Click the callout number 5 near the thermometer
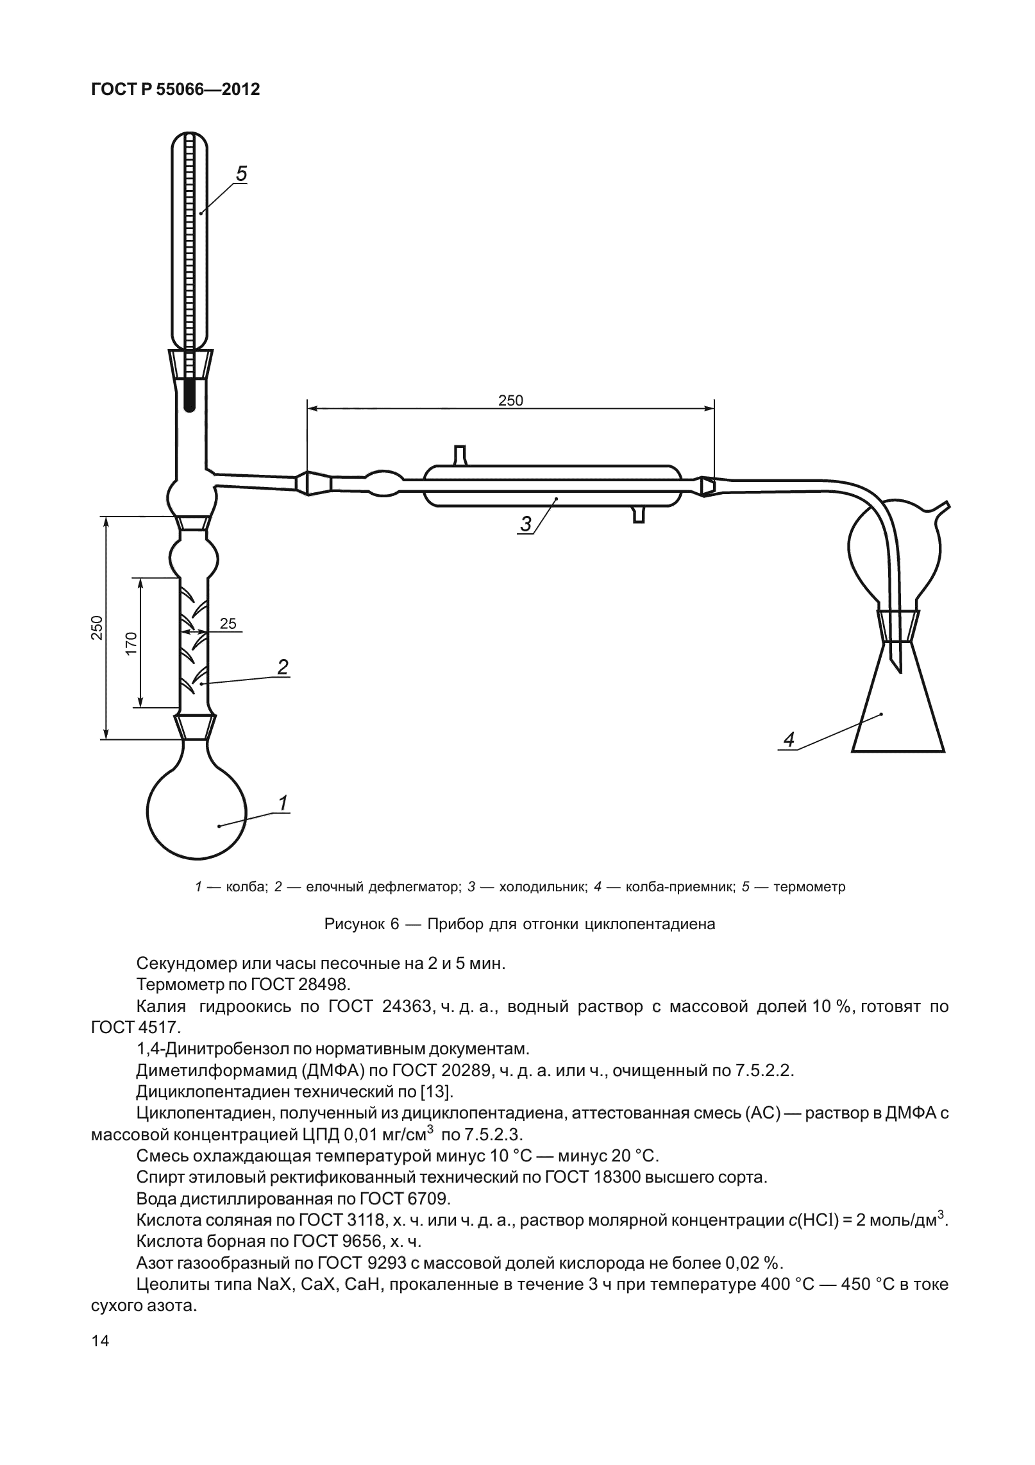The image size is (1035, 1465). click(241, 174)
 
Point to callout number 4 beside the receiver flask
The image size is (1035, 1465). click(789, 739)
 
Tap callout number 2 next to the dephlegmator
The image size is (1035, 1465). click(282, 667)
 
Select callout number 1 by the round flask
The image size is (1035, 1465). click(283, 803)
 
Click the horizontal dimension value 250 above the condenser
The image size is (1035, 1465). click(510, 400)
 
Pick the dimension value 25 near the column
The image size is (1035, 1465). click(228, 623)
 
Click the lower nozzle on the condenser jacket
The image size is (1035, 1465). click(638, 514)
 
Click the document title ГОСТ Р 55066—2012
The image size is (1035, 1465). click(176, 90)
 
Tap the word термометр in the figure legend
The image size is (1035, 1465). click(809, 887)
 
